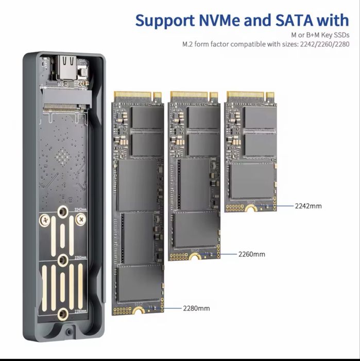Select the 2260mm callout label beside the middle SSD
click(x=251, y=254)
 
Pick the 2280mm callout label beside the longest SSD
click(x=196, y=308)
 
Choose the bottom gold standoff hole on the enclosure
click(x=63, y=313)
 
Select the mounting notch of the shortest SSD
click(x=251, y=208)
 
